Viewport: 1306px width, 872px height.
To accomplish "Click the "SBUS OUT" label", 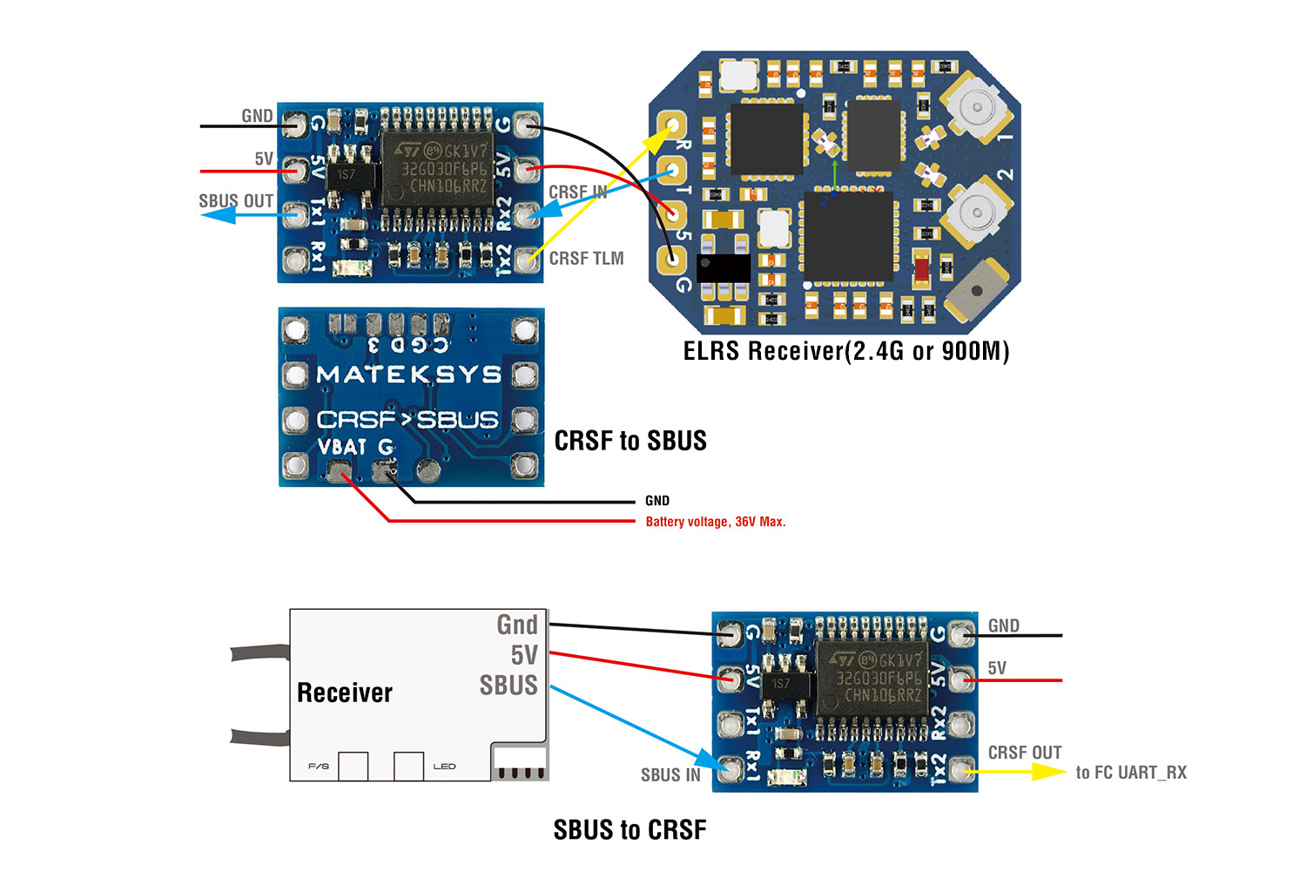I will pyautogui.click(x=236, y=201).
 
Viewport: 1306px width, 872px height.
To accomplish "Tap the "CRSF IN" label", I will pyautogui.click(x=577, y=193).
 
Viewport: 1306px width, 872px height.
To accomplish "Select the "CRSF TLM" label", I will pyautogui.click(x=586, y=259).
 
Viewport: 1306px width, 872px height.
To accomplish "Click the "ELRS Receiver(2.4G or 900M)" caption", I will pyautogui.click(x=846, y=351).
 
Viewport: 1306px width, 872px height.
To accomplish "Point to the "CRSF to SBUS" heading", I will pyautogui.click(x=630, y=441).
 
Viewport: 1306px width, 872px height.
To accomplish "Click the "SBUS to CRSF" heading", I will pyautogui.click(x=629, y=830).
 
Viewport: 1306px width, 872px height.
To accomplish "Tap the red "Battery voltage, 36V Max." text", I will pyautogui.click(x=715, y=522).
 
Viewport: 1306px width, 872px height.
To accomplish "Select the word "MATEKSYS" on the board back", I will pyautogui.click(x=409, y=375).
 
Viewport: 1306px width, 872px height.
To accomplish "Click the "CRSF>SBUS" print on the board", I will pyautogui.click(x=407, y=420).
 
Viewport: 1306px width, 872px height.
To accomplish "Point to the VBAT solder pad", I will pyautogui.click(x=338, y=472).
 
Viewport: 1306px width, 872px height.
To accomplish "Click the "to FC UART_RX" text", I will pyautogui.click(x=1131, y=773).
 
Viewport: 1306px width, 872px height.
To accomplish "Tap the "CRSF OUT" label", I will pyautogui.click(x=1025, y=753).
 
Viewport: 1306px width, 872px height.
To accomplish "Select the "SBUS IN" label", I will pyautogui.click(x=670, y=775).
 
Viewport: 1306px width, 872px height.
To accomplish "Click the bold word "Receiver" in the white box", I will pyautogui.click(x=345, y=693).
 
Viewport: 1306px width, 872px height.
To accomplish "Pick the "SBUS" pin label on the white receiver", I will pyautogui.click(x=508, y=686).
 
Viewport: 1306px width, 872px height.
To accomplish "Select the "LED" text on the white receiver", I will pyautogui.click(x=444, y=767).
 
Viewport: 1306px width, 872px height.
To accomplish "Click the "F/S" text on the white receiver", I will pyautogui.click(x=319, y=767).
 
